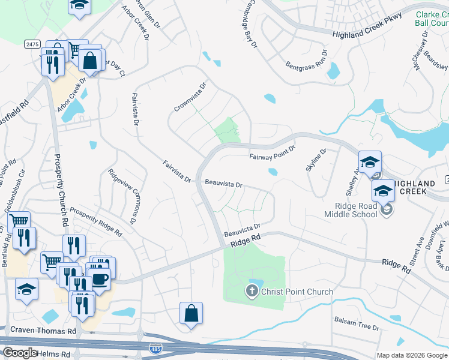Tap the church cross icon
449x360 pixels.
point(252,292)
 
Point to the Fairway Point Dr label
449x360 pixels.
point(273,153)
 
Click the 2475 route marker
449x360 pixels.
point(32,44)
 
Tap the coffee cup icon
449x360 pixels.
point(100,279)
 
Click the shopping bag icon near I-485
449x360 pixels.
point(191,314)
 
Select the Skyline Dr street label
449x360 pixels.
point(315,160)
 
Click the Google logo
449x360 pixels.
point(20,353)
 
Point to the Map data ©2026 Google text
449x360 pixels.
point(412,355)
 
